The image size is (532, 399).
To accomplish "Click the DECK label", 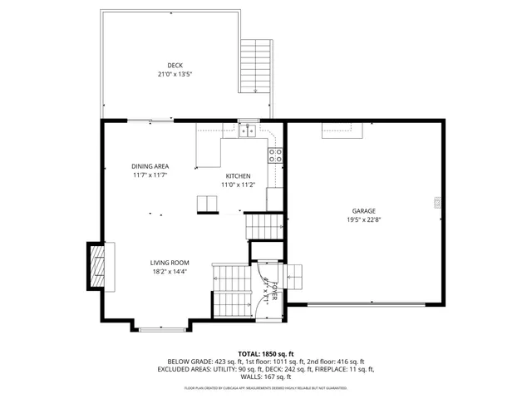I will pos(175,65).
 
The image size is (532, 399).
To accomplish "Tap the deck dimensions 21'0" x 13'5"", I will pos(175,74).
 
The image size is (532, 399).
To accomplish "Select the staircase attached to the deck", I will pos(255,66).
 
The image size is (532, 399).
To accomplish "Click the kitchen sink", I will pos(247,130).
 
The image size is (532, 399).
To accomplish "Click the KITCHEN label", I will pos(239,175).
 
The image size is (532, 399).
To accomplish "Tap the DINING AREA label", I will pos(150,166).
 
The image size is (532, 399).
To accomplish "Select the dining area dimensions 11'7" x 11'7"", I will pos(150,175).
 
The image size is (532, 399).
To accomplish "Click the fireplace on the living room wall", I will pos(99,267).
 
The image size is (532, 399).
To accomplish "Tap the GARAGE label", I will pos(363,211).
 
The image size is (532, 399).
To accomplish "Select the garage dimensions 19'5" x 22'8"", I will pos(363,220).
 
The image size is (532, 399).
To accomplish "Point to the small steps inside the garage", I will pos(296,275).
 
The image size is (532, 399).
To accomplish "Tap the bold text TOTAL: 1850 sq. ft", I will pos(266,353).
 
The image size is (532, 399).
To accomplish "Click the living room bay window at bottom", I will pos(162,330).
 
